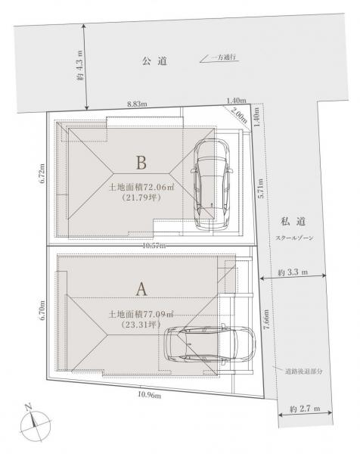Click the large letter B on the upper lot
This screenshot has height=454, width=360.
point(141,163)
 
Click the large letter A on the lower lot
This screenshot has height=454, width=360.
point(141,289)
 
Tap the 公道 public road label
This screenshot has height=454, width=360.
point(154,61)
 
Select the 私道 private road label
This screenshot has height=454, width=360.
point(293,222)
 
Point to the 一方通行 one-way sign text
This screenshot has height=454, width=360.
point(225,57)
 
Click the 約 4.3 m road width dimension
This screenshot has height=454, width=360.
point(80,65)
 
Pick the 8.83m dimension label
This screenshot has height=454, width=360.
point(137,104)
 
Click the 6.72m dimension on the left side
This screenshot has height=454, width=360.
point(42,173)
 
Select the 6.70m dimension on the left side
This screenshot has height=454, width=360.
point(42,309)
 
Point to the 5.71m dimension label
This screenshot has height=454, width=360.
point(260,188)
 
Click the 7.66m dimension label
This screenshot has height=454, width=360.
point(266,319)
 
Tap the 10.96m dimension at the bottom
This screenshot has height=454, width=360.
point(149,395)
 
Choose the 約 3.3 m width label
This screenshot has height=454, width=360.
point(293,272)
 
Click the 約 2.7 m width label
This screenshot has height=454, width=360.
point(305,409)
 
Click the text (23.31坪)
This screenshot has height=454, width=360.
point(141,325)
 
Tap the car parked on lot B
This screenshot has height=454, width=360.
point(212,185)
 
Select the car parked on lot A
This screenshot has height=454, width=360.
point(209,344)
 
